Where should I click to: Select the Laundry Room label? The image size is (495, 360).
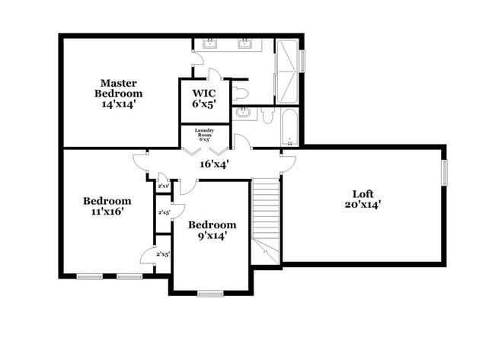(x=205, y=135)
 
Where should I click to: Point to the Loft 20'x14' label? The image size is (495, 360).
(x=362, y=198)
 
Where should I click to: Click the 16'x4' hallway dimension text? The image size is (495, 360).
(x=214, y=163)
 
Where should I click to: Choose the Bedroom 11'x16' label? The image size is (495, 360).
(x=107, y=206)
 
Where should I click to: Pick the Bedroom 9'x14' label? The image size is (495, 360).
(x=212, y=230)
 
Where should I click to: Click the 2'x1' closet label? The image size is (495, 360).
(x=163, y=186)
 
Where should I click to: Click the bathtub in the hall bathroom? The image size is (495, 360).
(x=289, y=127)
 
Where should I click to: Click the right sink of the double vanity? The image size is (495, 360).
(x=245, y=43)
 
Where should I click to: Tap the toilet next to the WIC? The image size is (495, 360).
(x=241, y=94)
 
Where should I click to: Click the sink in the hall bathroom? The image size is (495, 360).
(x=242, y=114)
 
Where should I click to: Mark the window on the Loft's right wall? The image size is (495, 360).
(x=445, y=172)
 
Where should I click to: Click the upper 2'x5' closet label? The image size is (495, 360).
(x=163, y=212)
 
